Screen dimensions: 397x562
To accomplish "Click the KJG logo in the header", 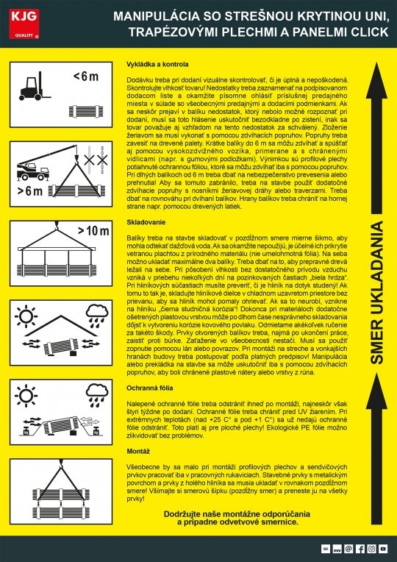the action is click(x=21, y=20).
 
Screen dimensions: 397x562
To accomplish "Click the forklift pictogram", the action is click(x=33, y=86).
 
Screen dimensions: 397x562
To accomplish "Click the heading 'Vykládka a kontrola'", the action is click(x=149, y=56).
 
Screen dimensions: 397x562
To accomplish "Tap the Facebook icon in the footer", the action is click(x=360, y=549).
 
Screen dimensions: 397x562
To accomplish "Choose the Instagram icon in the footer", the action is click(x=372, y=549).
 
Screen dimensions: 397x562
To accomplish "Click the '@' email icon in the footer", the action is click(x=348, y=549).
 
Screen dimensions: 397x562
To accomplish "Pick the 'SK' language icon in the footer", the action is click(x=326, y=549).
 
